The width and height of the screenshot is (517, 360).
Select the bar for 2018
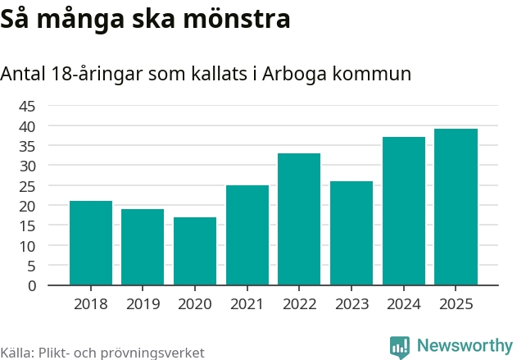click(x=91, y=243)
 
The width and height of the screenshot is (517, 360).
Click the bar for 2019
click(x=143, y=247)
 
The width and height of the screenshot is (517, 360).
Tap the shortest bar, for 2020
click(x=195, y=251)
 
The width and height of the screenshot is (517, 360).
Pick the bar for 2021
click(x=247, y=235)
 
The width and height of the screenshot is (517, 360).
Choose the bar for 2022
click(x=299, y=219)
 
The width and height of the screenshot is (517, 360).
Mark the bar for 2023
click(x=351, y=233)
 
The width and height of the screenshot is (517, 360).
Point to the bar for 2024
click(x=404, y=211)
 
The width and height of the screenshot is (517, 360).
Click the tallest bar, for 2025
click(x=456, y=207)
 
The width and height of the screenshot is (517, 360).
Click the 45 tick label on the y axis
click(x=27, y=106)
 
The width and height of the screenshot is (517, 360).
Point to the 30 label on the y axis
click(x=27, y=166)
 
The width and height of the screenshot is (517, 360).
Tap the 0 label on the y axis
click(x=32, y=285)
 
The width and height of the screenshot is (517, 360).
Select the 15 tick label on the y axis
click(x=27, y=226)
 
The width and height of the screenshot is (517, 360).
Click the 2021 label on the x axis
click(x=247, y=304)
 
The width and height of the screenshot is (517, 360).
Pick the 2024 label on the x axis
click(x=404, y=304)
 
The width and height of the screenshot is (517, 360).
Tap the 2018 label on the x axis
click(x=91, y=304)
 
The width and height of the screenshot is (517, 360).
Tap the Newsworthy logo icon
click(x=400, y=346)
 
